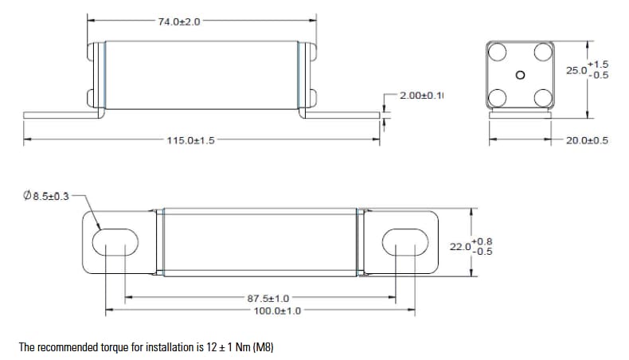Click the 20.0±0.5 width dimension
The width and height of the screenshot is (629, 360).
click(587, 141)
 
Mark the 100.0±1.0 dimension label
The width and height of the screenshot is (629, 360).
click(277, 310)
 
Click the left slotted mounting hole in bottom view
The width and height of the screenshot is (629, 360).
click(116, 242)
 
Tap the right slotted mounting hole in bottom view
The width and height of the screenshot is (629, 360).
click(402, 242)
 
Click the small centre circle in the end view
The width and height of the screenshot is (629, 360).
click(520, 76)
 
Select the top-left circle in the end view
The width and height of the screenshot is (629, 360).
click(498, 53)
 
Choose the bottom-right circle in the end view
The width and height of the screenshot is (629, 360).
click(544, 98)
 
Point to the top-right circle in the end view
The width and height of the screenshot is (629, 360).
click(544, 53)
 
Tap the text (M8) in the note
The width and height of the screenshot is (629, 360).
click(263, 348)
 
